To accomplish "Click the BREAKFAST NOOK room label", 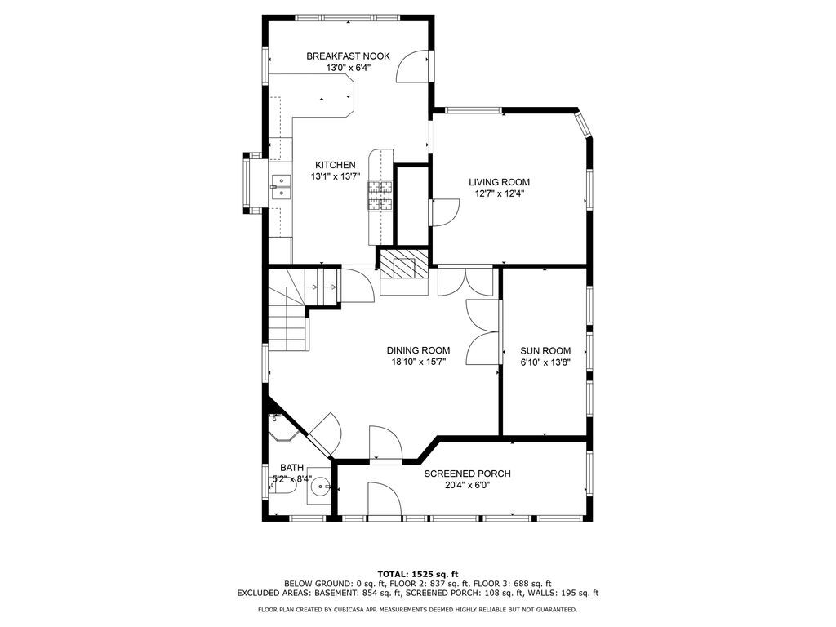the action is [348, 56].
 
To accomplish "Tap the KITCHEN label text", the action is [335, 165].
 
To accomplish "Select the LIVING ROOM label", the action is [499, 182].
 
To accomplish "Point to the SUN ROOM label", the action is [545, 351].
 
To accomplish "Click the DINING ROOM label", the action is [418, 350].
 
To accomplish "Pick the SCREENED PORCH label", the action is [467, 474].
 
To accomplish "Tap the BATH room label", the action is [291, 468].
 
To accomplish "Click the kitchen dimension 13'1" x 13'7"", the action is [336, 176].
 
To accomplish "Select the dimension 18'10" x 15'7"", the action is [419, 362].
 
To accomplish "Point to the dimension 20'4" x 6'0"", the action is [467, 485].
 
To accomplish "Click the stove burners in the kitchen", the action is [379, 195].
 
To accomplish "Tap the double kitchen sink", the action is [281, 187].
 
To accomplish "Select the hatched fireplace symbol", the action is [403, 265].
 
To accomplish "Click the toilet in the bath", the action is [282, 487].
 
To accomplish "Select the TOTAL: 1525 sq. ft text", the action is [418, 574].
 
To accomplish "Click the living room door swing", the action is [446, 211].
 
